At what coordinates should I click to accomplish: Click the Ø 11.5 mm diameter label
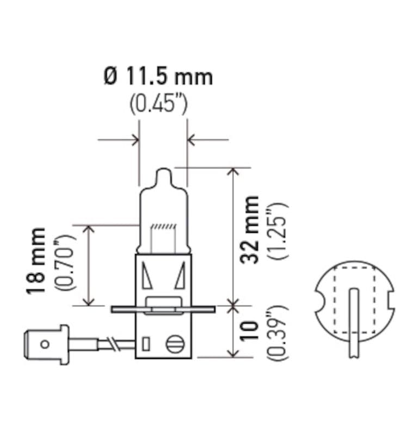click(158, 77)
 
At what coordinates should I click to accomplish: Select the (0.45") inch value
click(158, 104)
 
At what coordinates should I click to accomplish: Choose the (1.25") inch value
click(277, 230)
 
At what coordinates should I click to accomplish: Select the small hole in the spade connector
click(46, 344)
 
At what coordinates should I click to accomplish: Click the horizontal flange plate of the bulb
click(163, 309)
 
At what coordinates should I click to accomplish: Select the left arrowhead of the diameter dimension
click(134, 140)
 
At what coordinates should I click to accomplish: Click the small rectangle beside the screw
click(145, 344)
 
